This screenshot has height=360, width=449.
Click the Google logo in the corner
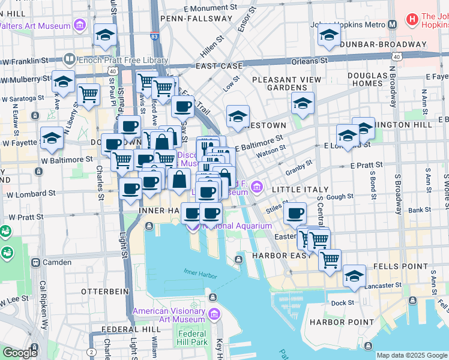coord(20,353)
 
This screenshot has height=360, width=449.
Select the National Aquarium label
coord(237,226)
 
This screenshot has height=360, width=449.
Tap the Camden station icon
coord(36,262)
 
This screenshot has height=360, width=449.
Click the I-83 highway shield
coord(155,37)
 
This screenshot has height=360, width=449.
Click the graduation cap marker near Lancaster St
coord(354,275)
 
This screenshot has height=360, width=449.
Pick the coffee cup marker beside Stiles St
coord(295,213)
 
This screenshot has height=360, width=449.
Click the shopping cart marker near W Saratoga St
coord(88,94)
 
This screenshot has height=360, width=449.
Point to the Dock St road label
coord(342,303)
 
